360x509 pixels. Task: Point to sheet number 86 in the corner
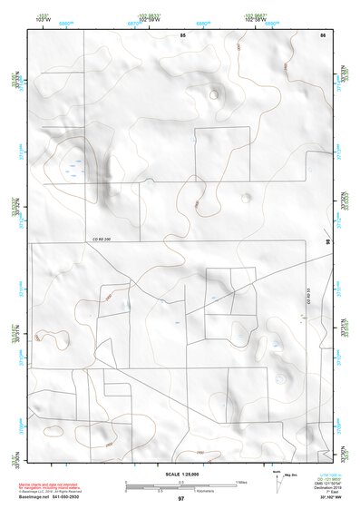322,34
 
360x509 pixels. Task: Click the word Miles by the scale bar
241,481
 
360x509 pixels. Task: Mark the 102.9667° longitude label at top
253,16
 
